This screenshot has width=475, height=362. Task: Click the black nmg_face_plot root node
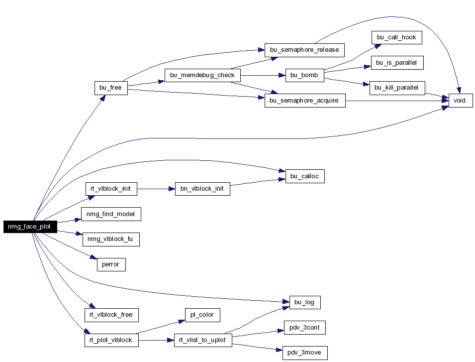coord(30,227)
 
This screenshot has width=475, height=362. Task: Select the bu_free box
coord(111,88)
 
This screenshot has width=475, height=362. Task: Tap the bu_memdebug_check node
coord(202,75)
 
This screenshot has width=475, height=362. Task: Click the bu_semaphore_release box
coord(304,50)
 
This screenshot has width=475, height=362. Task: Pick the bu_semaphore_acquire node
coord(305,101)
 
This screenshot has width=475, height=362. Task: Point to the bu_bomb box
coord(304,75)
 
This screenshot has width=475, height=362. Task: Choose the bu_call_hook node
coord(396,37)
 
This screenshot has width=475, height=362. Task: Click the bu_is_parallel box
coord(397,63)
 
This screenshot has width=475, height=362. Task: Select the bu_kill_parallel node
coord(397,88)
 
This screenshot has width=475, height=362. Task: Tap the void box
coord(461,101)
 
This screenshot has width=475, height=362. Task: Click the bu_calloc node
coord(305,176)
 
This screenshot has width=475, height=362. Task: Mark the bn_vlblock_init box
coord(202,189)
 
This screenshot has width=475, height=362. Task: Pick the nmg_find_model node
coord(111,214)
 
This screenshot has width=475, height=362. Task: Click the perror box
coord(111,264)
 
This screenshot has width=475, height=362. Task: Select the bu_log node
coord(305,302)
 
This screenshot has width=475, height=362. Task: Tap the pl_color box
coord(202,315)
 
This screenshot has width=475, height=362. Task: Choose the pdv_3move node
coord(305,353)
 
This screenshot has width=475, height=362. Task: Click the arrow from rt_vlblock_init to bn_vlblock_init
coord(156,189)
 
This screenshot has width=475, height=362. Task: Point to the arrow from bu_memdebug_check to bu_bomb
coord(263,75)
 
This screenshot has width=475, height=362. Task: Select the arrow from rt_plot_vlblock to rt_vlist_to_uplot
coord(156,340)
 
